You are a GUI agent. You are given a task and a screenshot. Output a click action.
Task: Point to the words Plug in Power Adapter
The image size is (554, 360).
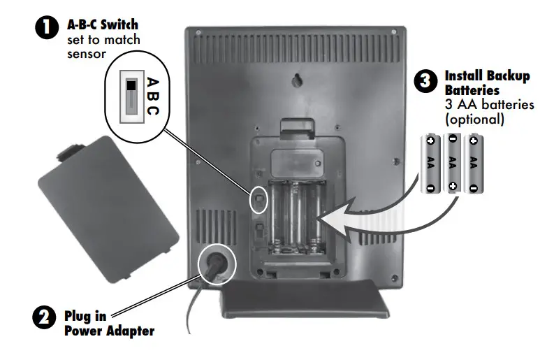click(x=108, y=323)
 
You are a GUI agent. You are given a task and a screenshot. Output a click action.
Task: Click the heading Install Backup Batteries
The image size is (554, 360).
click(x=487, y=82)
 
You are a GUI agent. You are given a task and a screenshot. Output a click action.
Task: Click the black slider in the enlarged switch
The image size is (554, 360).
click(x=131, y=86)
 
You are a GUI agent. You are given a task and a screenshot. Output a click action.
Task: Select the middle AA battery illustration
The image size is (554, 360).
click(x=452, y=163)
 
